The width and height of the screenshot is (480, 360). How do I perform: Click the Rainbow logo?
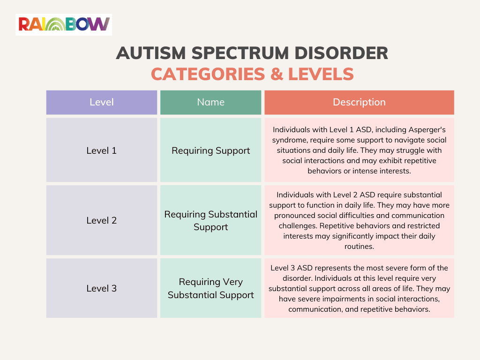(64, 24)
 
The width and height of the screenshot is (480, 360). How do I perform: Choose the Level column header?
(102, 102)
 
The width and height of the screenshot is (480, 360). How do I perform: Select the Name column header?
(210, 102)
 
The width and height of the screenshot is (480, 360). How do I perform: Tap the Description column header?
(359, 102)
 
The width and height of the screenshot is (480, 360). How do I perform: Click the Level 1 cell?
(102, 150)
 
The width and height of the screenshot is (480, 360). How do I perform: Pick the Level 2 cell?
(102, 220)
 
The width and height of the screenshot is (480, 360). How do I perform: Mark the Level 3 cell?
(102, 288)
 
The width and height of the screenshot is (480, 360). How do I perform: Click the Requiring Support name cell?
(210, 150)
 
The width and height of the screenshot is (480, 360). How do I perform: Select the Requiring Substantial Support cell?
(210, 220)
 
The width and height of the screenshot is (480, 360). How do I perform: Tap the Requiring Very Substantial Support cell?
(210, 288)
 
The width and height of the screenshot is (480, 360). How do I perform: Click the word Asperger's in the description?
(425, 129)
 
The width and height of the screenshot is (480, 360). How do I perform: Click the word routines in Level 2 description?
(359, 247)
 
